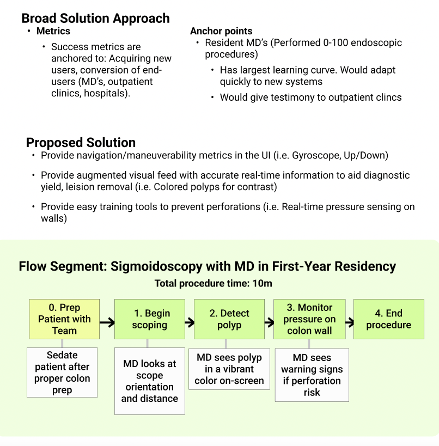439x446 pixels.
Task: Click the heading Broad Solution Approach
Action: click(96, 19)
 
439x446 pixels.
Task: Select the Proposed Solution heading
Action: click(81, 143)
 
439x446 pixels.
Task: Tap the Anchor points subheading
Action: click(221, 31)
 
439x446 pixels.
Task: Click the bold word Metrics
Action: click(53, 31)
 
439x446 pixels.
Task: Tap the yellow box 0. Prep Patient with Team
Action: click(64, 319)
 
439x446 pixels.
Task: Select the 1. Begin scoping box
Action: click(150, 319)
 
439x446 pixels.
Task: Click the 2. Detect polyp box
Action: click(229, 319)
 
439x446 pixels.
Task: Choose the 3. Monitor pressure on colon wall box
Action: click(309, 319)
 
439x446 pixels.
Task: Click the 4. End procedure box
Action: click(389, 319)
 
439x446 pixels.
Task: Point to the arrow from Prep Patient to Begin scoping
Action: click(107, 322)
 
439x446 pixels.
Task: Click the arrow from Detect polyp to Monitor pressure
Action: click(269, 322)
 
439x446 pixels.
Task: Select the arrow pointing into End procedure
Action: click(350, 322)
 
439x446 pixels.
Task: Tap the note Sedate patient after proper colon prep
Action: click(62, 372)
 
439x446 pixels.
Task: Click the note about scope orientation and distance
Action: click(150, 381)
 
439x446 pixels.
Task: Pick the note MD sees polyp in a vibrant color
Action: click(229, 369)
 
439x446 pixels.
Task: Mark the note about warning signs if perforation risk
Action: click(312, 375)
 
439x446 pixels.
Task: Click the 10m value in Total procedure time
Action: click(262, 284)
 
